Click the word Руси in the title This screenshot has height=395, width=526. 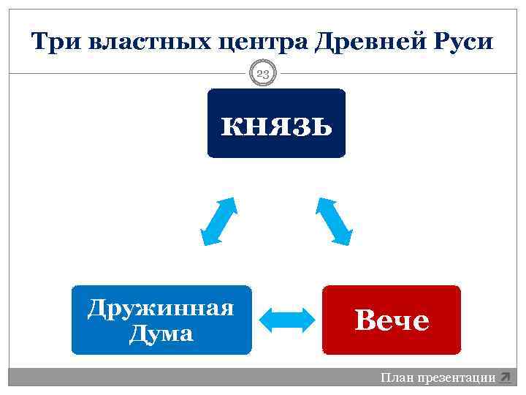pyautogui.click(x=462, y=42)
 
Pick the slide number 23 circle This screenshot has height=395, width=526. pyautogui.click(x=263, y=73)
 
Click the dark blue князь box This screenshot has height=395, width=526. pyautogui.click(x=276, y=123)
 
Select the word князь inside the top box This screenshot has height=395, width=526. pyautogui.click(x=276, y=126)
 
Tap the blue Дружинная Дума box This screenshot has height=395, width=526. pyautogui.click(x=161, y=320)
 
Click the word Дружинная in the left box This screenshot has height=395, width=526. pyautogui.click(x=161, y=307)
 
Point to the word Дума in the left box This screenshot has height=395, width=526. pyautogui.click(x=161, y=334)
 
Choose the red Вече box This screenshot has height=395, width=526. pyautogui.click(x=392, y=320)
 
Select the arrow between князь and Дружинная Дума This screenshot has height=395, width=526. pyautogui.click(x=218, y=220)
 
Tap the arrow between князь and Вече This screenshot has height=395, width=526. pyautogui.click(x=334, y=220)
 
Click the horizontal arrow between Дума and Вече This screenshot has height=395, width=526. pyautogui.click(x=286, y=320)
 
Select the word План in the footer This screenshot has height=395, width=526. pyautogui.click(x=397, y=377)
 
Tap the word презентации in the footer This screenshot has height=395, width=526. pyautogui.click(x=455, y=377)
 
